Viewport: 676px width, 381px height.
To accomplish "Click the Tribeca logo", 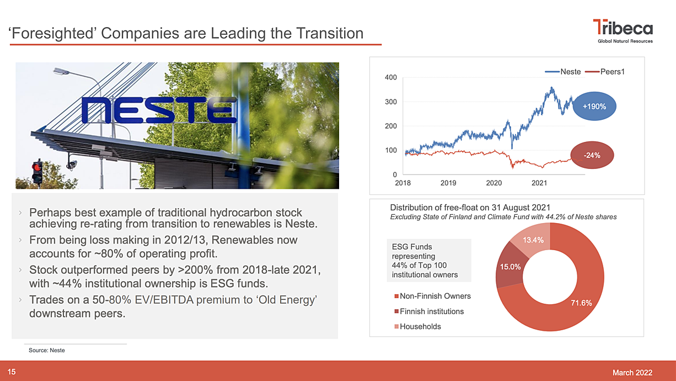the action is click(x=624, y=31).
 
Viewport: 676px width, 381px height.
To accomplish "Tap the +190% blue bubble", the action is click(x=594, y=107).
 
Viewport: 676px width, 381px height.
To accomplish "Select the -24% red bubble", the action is click(x=592, y=155).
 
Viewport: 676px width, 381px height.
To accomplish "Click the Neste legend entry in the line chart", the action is click(x=563, y=72).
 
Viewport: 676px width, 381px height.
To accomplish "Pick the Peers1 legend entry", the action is click(x=605, y=72).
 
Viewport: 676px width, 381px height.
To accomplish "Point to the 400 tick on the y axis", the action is click(x=390, y=77).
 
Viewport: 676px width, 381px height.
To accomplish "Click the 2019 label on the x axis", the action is click(x=448, y=183).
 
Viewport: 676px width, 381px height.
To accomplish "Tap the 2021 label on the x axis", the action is click(x=539, y=183).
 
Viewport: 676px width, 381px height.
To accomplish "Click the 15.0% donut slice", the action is click(x=510, y=266).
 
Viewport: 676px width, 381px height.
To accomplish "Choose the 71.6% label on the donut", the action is click(x=581, y=303).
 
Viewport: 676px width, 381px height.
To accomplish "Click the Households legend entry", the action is click(x=417, y=326).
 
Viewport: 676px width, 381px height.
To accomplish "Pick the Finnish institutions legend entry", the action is click(x=429, y=311).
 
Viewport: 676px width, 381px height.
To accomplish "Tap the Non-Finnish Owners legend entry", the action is click(x=432, y=296).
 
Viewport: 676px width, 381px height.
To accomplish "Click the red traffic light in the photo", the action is click(x=37, y=167).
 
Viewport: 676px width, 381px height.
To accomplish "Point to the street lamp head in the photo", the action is click(x=61, y=71).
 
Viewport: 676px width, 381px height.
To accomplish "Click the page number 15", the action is click(x=12, y=372).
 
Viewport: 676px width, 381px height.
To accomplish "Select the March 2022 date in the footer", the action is click(x=632, y=373).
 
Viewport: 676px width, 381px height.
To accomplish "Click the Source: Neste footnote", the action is click(x=47, y=350).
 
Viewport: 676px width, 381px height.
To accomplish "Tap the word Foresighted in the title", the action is click(x=51, y=33).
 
